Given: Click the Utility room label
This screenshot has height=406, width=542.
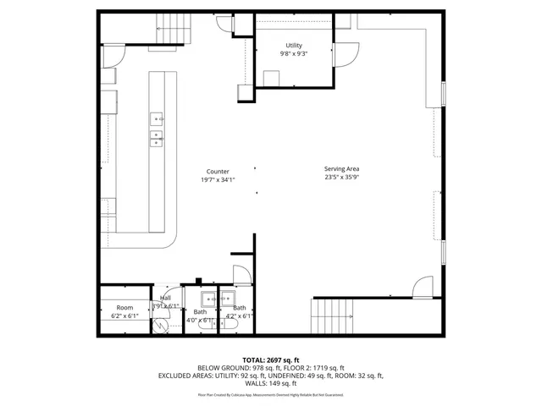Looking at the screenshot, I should [x=294, y=46].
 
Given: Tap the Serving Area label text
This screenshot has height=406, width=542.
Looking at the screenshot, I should [x=341, y=169].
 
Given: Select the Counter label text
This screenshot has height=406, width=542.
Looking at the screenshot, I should [x=218, y=172].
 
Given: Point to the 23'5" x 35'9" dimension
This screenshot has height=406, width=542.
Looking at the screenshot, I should [x=341, y=178].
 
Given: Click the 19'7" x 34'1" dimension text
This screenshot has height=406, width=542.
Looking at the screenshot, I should [x=218, y=179].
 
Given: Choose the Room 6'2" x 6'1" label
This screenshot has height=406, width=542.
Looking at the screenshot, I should [x=124, y=311].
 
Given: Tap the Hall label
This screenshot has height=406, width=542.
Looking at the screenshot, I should [x=166, y=299].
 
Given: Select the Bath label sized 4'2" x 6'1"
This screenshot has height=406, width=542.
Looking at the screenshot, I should [x=240, y=312].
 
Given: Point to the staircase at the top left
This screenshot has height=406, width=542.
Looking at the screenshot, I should [x=174, y=32].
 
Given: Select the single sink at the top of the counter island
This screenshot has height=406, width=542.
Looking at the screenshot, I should [x=158, y=119].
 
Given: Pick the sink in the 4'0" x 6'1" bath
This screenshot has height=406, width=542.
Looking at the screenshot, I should [x=208, y=299].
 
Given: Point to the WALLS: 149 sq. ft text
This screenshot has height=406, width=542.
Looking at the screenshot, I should [x=271, y=383].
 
